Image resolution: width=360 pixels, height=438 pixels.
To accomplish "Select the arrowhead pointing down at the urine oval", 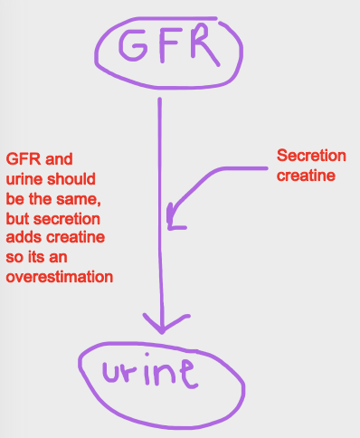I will click(x=161, y=325).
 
